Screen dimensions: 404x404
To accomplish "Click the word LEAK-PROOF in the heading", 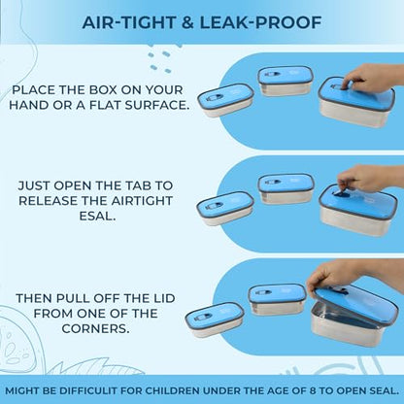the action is point(260,22).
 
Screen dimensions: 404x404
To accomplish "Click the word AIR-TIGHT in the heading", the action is point(129,22).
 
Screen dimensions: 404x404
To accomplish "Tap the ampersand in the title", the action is point(187,22).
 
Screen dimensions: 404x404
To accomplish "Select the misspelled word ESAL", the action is point(97,216).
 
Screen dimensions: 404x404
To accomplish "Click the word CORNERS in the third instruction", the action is point(95,328).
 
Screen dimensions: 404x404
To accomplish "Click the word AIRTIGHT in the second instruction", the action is point(142,201).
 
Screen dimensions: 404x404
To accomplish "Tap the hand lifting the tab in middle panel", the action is point(371,179).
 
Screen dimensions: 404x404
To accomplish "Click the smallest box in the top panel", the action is point(225,100).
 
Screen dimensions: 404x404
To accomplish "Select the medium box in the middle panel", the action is point(286,188).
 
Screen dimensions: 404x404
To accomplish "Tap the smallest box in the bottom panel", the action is point(215,320).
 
